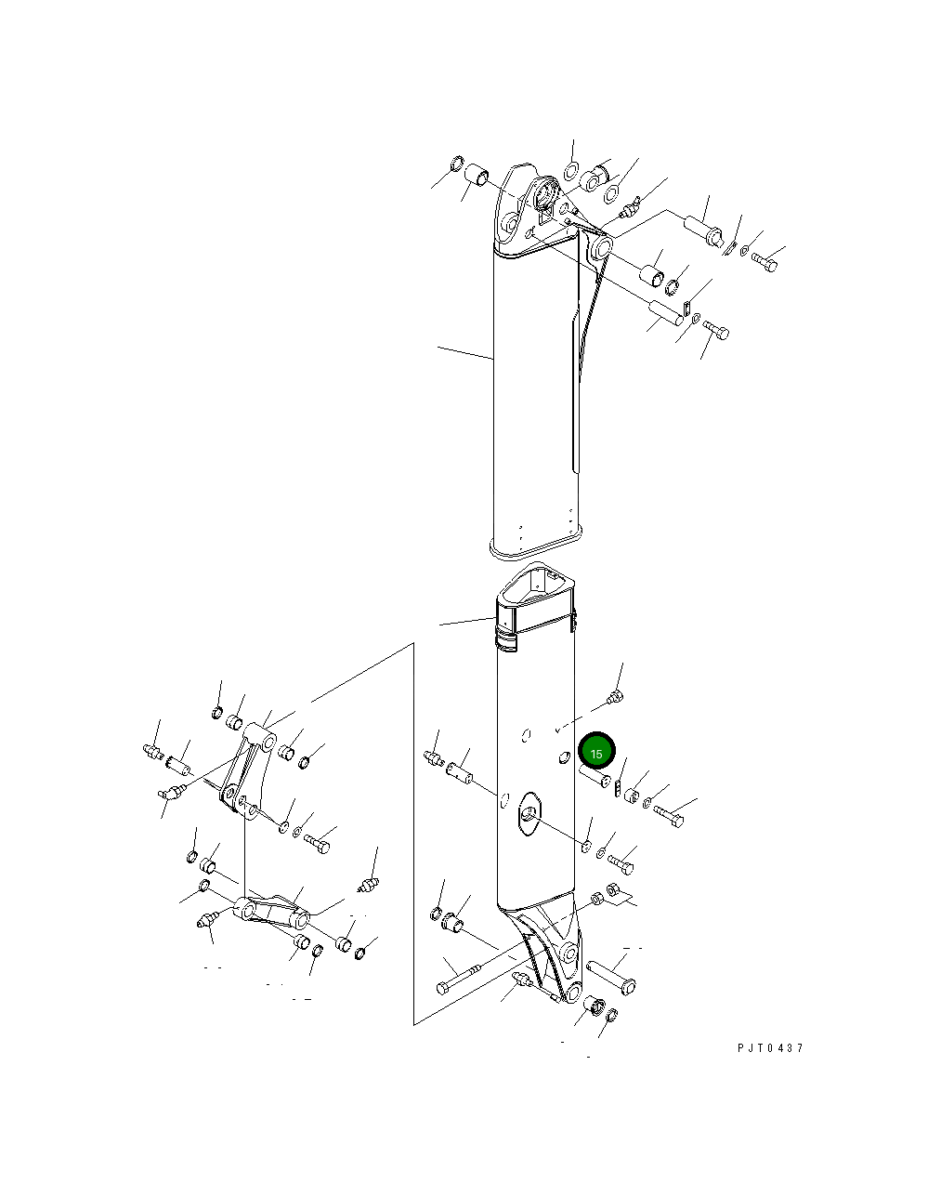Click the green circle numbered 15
(596, 753)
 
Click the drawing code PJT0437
(770, 1048)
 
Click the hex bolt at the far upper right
(765, 261)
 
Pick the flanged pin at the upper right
(702, 230)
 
